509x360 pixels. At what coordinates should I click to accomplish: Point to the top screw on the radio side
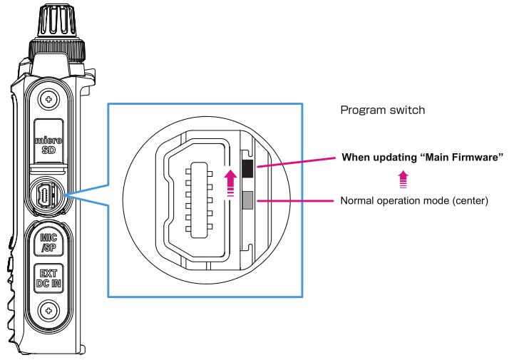[48, 97]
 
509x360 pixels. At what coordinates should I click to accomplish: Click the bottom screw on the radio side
[48, 310]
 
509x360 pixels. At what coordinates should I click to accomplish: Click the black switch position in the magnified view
[247, 168]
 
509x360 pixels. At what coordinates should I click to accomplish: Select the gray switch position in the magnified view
[247, 200]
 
